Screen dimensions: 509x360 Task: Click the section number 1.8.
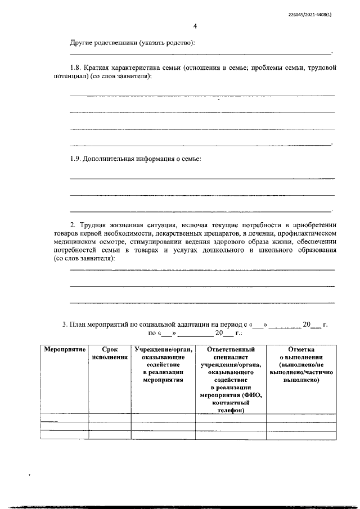[x=75, y=68]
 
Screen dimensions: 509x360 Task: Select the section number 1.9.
[x=75, y=159]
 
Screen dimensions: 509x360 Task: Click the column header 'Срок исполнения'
[x=110, y=353]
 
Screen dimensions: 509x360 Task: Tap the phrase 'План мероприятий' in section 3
[x=98, y=325]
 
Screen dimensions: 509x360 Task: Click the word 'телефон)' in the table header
[x=231, y=411]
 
